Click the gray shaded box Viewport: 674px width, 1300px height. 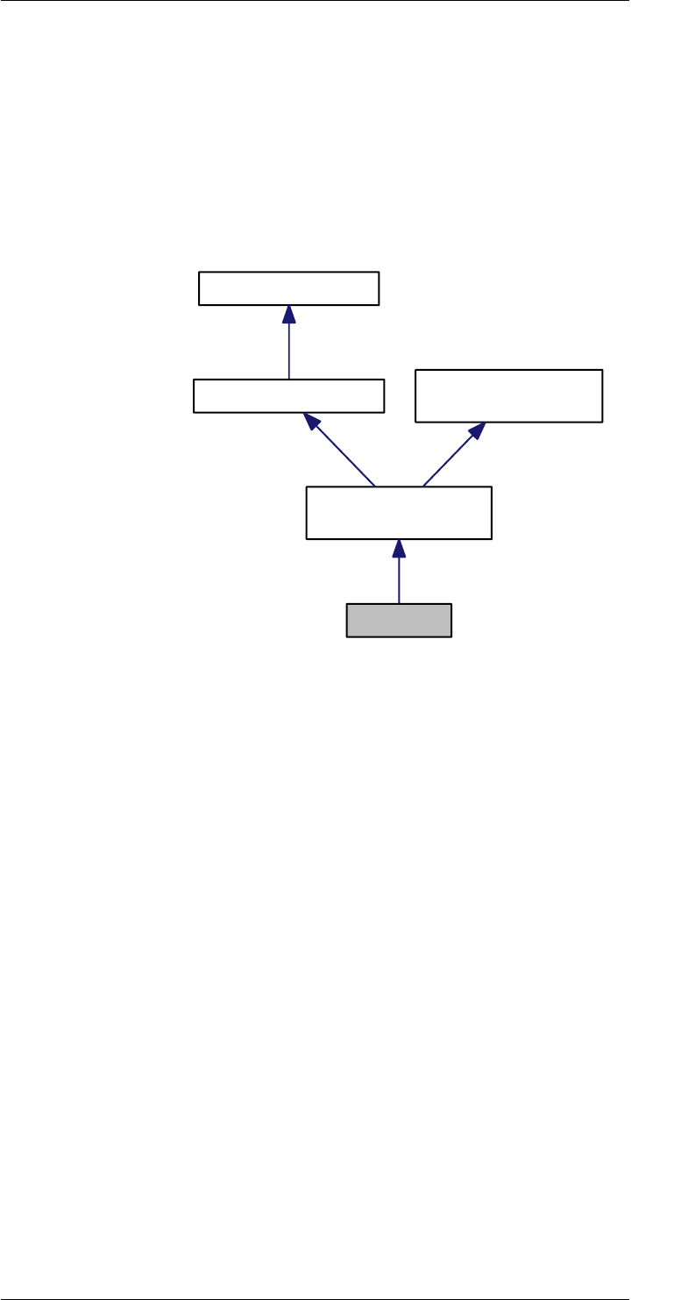pos(399,621)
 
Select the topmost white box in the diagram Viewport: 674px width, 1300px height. pos(289,288)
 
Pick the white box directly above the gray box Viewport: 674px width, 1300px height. pos(399,512)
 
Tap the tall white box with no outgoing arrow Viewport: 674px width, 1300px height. pos(508,396)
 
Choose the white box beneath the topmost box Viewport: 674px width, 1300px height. pos(288,395)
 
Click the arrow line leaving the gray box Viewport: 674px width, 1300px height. pos(399,579)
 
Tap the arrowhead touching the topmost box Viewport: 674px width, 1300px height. pos(288,313)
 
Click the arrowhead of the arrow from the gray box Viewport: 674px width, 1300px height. pos(399,547)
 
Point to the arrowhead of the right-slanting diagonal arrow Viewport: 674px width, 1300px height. pos(478,430)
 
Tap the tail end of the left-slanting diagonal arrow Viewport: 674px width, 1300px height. pos(374,485)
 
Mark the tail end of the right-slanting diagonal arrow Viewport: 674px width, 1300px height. pos(422,485)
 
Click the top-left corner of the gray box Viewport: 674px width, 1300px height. pos(347,604)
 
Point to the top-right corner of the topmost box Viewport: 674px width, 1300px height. pos(379,273)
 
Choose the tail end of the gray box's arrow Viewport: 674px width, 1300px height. pos(399,603)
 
